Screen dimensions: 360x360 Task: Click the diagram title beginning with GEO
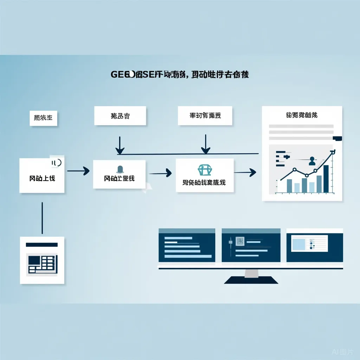click(x=180, y=75)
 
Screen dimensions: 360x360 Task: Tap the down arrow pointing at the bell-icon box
click(x=120, y=145)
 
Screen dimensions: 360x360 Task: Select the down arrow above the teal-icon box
click(x=205, y=144)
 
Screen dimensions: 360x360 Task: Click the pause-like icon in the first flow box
click(x=56, y=162)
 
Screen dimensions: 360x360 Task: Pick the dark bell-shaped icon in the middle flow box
click(x=120, y=169)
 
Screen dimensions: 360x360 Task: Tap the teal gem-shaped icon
click(x=205, y=170)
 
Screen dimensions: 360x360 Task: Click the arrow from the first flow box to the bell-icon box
click(x=78, y=171)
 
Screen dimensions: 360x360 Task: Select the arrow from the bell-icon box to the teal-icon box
click(x=160, y=173)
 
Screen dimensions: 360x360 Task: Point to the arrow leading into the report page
click(x=245, y=172)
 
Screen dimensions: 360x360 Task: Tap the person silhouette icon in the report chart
click(x=311, y=161)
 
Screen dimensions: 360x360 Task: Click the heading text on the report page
click(x=302, y=115)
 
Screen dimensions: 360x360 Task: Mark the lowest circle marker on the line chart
click(x=307, y=175)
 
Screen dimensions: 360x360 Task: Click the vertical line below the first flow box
click(x=42, y=218)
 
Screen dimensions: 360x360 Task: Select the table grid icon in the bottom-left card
click(x=42, y=264)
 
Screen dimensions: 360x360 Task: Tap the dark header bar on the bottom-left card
click(x=42, y=245)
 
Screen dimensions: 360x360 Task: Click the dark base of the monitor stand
click(x=251, y=280)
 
